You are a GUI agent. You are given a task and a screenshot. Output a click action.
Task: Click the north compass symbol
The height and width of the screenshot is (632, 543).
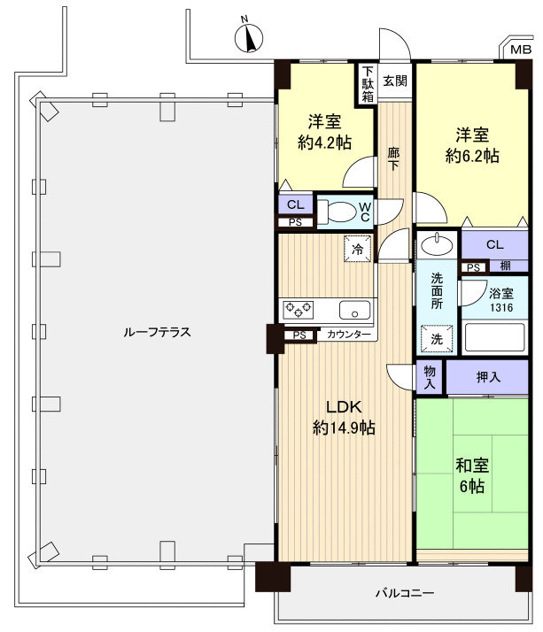[250, 38]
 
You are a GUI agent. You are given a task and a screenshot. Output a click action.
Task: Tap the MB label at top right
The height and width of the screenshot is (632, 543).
[521, 50]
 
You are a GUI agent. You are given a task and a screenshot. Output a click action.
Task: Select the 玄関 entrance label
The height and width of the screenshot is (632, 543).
[395, 81]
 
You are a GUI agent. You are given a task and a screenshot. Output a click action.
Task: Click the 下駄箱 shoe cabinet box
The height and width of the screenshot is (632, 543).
[367, 85]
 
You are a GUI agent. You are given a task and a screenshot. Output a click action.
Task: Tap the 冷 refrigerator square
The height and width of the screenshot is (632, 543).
[358, 249]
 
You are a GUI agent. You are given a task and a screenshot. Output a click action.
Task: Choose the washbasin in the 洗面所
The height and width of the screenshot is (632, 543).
[435, 243]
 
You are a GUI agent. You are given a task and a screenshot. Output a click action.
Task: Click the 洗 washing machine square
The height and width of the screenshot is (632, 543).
[438, 338]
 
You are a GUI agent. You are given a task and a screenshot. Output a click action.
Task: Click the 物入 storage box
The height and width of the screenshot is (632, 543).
[430, 377]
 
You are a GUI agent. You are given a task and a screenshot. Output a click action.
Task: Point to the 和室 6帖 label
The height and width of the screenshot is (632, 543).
[472, 476]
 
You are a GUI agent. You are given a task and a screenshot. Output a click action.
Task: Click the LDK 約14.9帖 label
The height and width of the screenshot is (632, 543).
[343, 418]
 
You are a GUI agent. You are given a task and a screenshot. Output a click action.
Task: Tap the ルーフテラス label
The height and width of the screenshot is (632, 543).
[158, 332]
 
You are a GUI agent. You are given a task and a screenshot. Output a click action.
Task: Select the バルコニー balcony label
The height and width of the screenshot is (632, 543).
[404, 592]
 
